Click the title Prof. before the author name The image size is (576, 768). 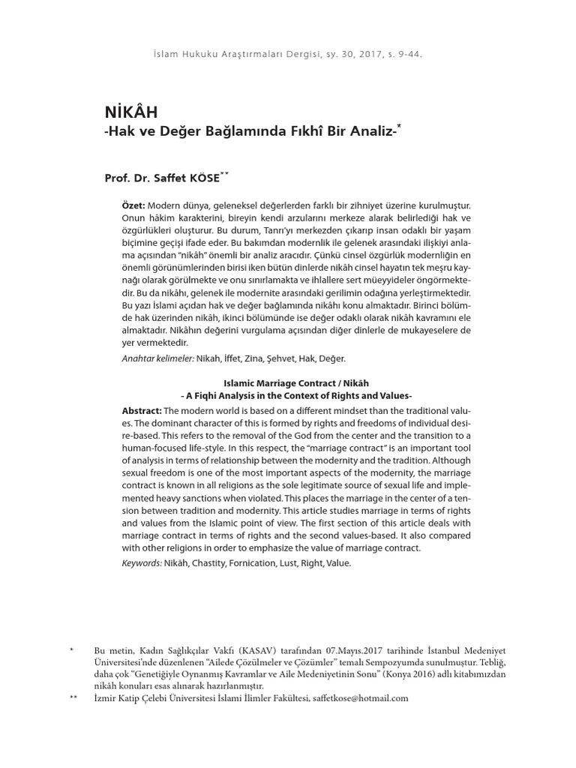pyautogui.click(x=118, y=178)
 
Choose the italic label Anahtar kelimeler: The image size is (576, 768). pyautogui.click(x=157, y=359)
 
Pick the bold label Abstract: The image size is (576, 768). pyautogui.click(x=142, y=410)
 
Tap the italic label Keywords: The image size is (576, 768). pyautogui.click(x=142, y=562)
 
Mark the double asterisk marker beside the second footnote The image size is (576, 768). pyautogui.click(x=73, y=697)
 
